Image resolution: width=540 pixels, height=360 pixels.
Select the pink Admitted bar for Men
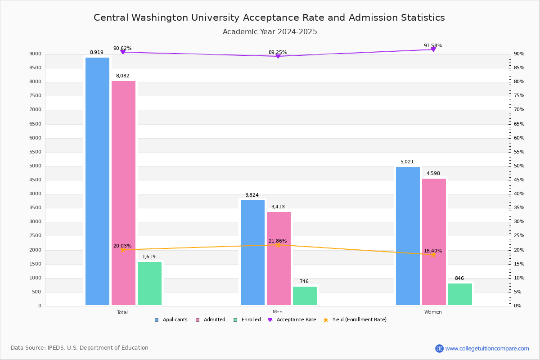pos(279,258)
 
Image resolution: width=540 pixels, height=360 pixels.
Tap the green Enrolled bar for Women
pos(460,294)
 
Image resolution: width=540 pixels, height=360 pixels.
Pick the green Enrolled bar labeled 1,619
pos(149,283)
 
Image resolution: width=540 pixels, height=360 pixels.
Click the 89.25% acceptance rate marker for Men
pos(278,56)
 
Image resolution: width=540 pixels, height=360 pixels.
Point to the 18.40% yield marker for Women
pos(433,255)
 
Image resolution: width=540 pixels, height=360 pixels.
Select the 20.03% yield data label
pos(122,246)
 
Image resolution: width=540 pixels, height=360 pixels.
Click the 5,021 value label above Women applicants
pos(407,162)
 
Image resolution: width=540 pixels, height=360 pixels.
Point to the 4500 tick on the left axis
pos(36,180)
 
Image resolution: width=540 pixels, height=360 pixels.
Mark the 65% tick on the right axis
pos(519,124)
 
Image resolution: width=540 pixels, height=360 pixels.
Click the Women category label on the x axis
pos(433,312)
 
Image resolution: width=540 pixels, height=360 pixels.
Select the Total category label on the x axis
pos(122,312)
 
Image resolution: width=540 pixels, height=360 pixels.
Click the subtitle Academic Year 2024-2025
pos(270,32)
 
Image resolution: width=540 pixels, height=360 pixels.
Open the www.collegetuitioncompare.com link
pos(487,348)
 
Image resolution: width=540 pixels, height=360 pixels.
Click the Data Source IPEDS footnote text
pos(80,348)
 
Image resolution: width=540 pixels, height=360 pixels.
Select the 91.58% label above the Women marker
pos(432,46)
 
